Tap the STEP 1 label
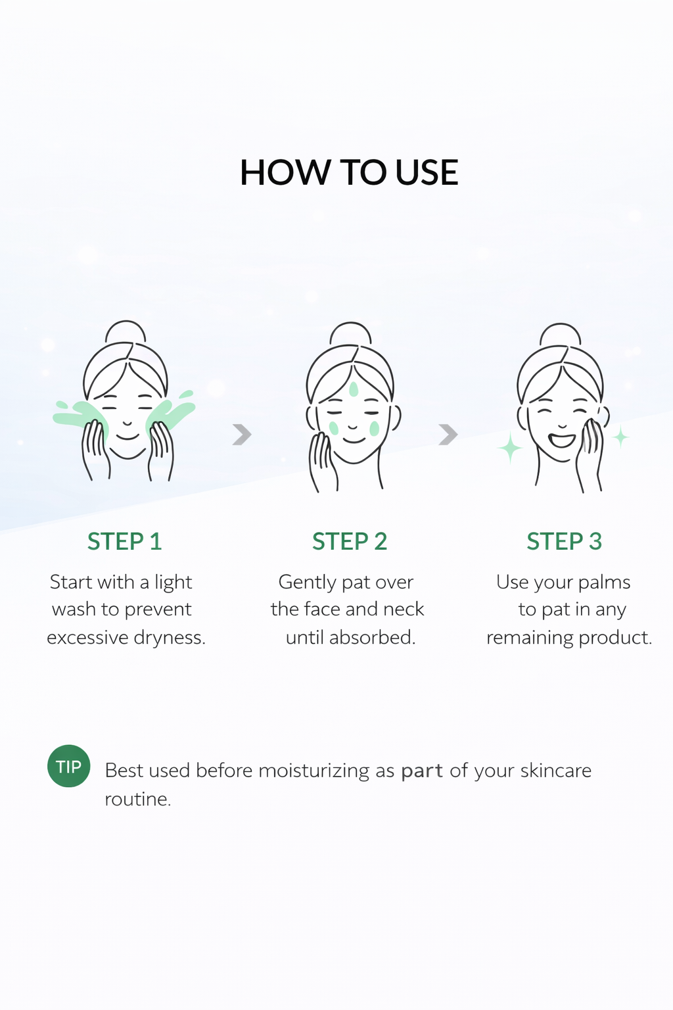[124, 541]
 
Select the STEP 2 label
[350, 541]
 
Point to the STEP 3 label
[564, 541]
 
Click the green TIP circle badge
[68, 765]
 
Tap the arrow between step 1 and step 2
[242, 434]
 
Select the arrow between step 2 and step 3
[448, 434]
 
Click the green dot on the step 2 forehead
[354, 389]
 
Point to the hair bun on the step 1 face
[126, 332]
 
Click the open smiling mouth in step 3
[562, 440]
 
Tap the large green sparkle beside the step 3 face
[510, 447]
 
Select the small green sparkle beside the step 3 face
[620, 437]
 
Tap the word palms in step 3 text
[604, 583]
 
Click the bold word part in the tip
[422, 771]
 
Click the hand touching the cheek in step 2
[323, 462]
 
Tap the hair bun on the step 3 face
[561, 335]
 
